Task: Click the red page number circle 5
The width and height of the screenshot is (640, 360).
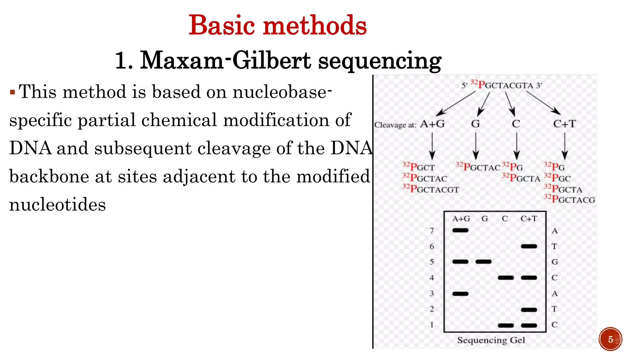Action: pyautogui.click(x=610, y=339)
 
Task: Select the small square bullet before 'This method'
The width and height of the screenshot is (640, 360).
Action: pyautogui.click(x=12, y=92)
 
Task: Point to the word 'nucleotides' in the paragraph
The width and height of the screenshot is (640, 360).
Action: pyautogui.click(x=57, y=205)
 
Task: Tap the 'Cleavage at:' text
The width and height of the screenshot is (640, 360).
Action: pyautogui.click(x=395, y=125)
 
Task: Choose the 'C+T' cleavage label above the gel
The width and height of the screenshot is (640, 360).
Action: pyautogui.click(x=564, y=124)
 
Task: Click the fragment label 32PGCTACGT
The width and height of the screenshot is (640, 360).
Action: pyautogui.click(x=431, y=189)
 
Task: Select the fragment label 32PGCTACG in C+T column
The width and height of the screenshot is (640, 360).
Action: pyautogui.click(x=569, y=199)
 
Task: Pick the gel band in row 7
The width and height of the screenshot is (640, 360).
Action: pyautogui.click(x=460, y=231)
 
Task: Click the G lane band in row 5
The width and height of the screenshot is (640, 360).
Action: pyautogui.click(x=483, y=262)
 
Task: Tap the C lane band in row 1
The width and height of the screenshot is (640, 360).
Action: pyautogui.click(x=506, y=325)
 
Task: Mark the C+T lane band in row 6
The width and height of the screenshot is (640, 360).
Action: pyautogui.click(x=529, y=246)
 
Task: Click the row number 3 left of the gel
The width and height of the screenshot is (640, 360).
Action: pyautogui.click(x=432, y=293)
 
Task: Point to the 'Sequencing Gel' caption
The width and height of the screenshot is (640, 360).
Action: pyautogui.click(x=491, y=340)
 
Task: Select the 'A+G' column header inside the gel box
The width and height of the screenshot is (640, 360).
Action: pyautogui.click(x=461, y=219)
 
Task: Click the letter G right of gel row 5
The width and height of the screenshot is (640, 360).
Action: pyautogui.click(x=554, y=262)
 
